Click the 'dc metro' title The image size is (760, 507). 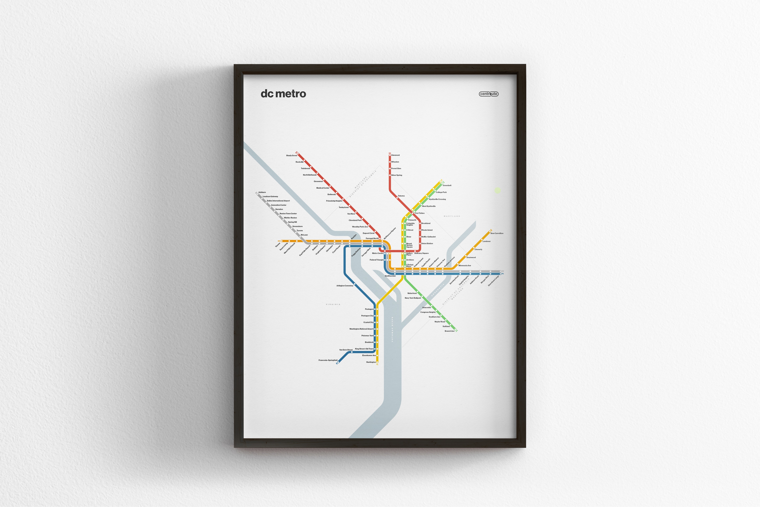[283, 94]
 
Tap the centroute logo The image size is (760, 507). [489, 94]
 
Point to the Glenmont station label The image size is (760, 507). [396, 155]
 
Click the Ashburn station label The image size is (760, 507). [262, 192]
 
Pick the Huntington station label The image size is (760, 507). [371, 362]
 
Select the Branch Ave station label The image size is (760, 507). [450, 331]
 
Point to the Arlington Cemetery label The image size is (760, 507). [345, 286]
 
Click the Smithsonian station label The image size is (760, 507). [390, 276]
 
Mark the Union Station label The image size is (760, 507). [427, 243]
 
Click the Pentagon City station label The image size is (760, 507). [367, 316]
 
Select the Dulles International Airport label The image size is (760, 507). [278, 201]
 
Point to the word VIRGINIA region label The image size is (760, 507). [333, 304]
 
